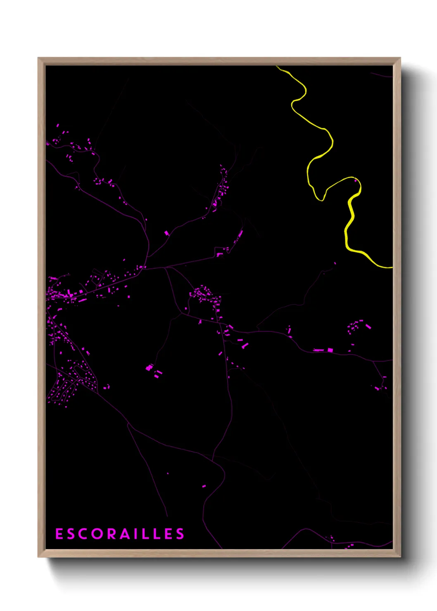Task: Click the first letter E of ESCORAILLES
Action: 59,534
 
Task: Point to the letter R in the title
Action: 112,534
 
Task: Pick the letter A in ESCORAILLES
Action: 125,534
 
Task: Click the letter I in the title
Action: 136,534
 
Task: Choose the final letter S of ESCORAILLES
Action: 180,534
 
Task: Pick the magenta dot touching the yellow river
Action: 355,180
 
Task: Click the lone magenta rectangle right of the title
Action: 204,486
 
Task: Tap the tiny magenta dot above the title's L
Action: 168,474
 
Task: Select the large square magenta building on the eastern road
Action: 330,350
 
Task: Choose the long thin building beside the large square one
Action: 318,350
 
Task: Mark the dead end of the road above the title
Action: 167,516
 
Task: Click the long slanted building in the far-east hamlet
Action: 368,327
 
